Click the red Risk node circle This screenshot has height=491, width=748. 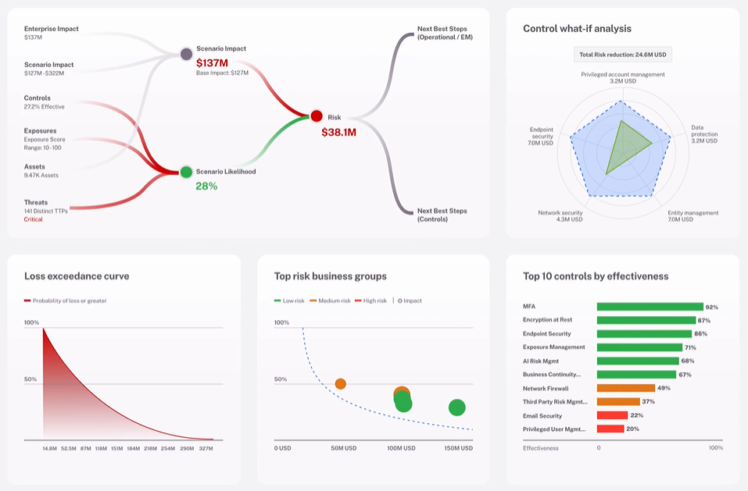[316, 116]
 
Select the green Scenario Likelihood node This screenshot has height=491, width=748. [186, 172]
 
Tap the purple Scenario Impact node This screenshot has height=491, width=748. [186, 54]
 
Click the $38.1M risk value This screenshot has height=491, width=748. [338, 133]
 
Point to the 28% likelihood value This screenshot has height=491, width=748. [206, 187]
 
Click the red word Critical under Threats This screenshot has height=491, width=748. [34, 219]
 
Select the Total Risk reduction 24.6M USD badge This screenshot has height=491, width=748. [622, 55]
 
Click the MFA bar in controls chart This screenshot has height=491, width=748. [650, 307]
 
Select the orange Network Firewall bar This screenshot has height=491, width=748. [625, 388]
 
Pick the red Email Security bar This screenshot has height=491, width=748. [612, 415]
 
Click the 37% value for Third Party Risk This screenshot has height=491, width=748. [648, 402]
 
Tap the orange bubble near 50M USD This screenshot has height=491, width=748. [340, 383]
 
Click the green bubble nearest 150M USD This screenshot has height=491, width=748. [456, 407]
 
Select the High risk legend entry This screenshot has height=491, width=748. [370, 301]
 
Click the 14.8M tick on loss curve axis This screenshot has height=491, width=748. [50, 448]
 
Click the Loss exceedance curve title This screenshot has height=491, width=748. [77, 276]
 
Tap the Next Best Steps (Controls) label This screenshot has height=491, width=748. [442, 215]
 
